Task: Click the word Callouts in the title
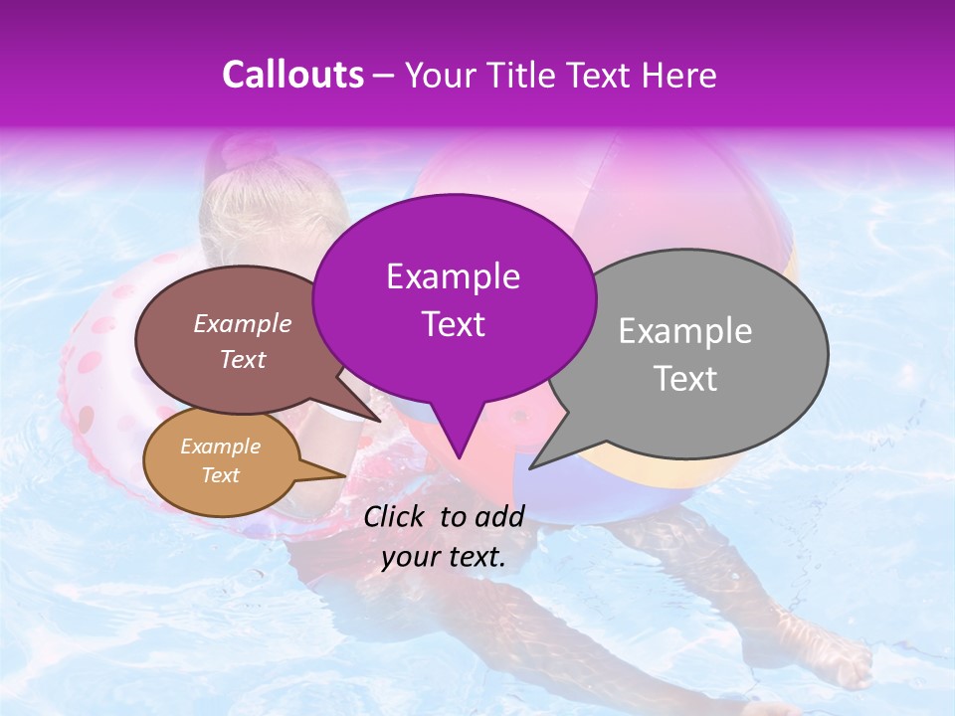pos(292,75)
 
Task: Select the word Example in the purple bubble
pos(453,276)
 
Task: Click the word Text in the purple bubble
pos(453,323)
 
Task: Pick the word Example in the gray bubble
pos(685,331)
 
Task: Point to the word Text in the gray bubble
pos(685,378)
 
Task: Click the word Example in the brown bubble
pos(243,323)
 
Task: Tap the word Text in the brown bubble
pos(243,359)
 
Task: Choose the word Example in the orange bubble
pos(220,447)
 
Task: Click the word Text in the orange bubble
pos(220,475)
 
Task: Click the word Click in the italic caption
pos(397,516)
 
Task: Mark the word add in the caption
pos(500,516)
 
